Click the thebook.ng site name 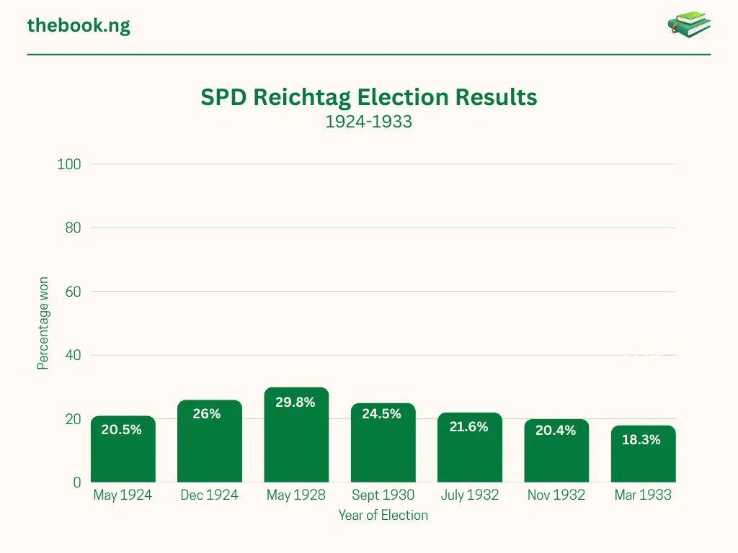tap(79, 26)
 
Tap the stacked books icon tap(689, 25)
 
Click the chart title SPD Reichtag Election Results tap(369, 97)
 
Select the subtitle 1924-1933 tap(368, 122)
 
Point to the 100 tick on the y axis tap(69, 164)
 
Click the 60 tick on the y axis tap(73, 292)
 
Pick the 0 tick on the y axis tap(76, 482)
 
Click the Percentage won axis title tap(43, 323)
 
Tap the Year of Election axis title tap(383, 515)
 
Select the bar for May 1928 tap(296, 439)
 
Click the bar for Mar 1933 tap(643, 457)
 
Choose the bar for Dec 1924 tap(210, 443)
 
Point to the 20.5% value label tap(121, 430)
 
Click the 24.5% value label tap(381, 414)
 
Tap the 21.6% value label tap(468, 427)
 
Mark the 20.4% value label tap(556, 431)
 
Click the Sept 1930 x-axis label tap(383, 495)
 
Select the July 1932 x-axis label tap(469, 495)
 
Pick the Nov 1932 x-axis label tap(556, 495)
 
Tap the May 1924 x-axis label tap(123, 495)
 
